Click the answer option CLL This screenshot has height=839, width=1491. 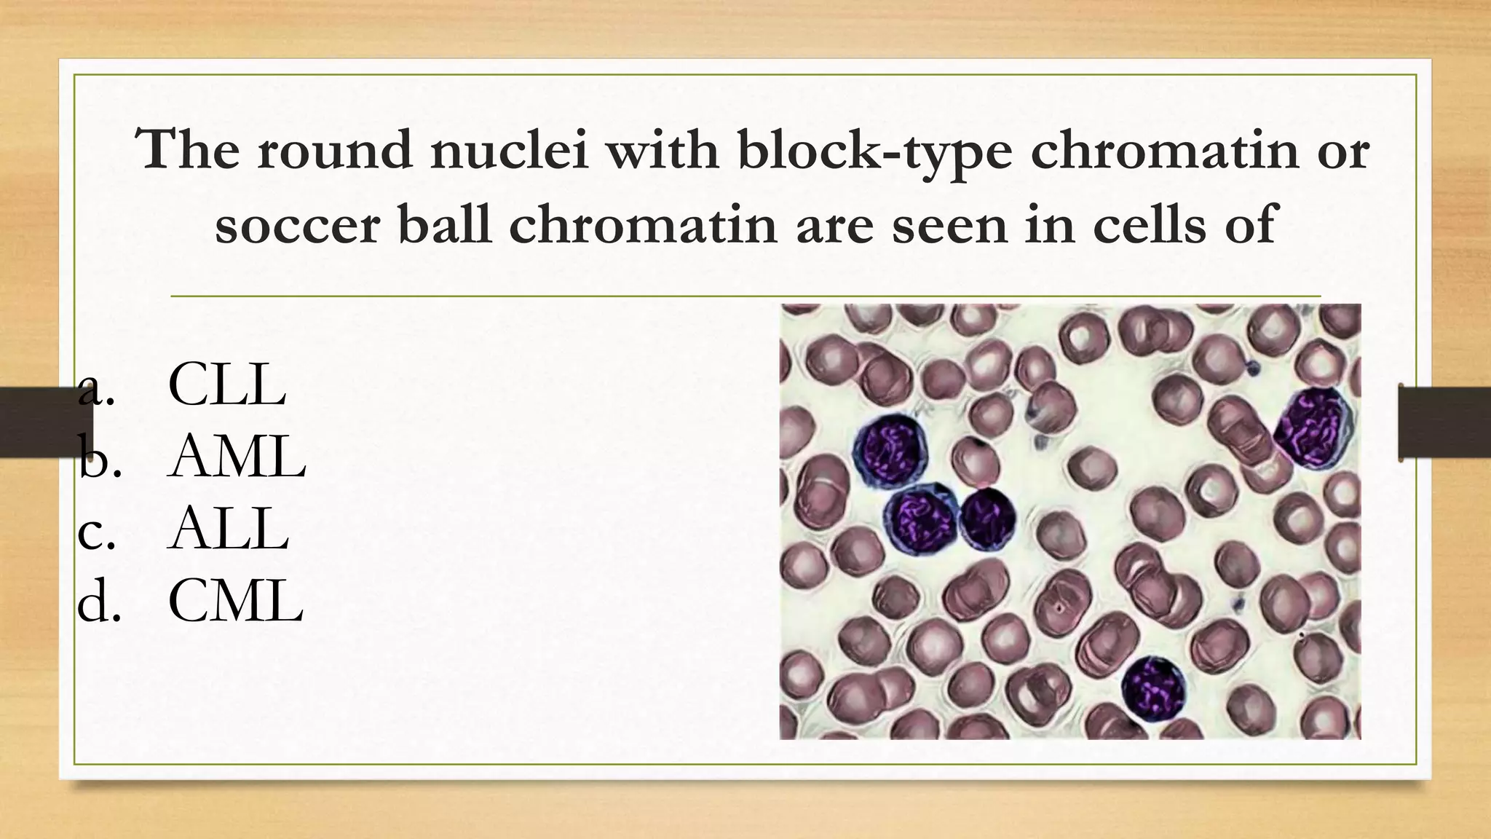pyautogui.click(x=226, y=385)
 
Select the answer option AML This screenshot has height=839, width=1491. pyautogui.click(x=237, y=457)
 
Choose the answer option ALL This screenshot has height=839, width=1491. pyautogui.click(x=228, y=529)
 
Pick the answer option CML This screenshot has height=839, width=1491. pyautogui.click(x=235, y=602)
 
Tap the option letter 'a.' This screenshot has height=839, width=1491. pyautogui.click(x=96, y=388)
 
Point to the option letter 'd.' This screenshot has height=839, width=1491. pyautogui.click(x=98, y=603)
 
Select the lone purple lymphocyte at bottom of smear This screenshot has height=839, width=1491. pyautogui.click(x=1152, y=689)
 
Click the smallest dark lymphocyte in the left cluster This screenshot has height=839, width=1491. pyautogui.click(x=986, y=519)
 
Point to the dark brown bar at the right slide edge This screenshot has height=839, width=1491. pyautogui.click(x=1444, y=422)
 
